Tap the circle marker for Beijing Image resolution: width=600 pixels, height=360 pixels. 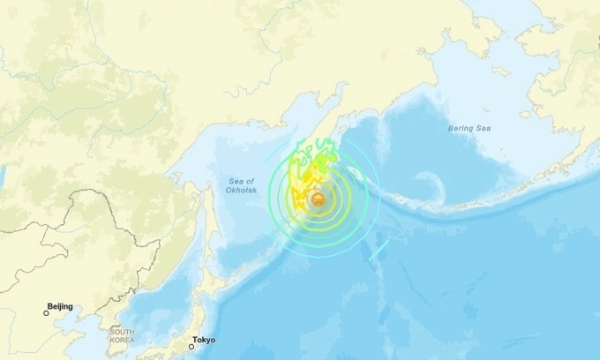(x=47, y=312)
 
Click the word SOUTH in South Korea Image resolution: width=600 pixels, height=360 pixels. (x=123, y=332)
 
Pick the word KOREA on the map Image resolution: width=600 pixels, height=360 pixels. (x=123, y=340)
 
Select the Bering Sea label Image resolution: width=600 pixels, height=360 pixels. (x=469, y=129)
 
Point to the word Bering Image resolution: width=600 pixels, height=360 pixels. (x=461, y=129)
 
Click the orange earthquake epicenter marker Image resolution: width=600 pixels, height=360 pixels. (x=316, y=201)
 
